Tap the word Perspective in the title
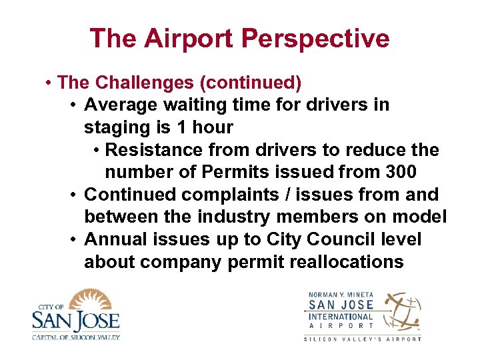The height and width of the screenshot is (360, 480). pos(316,39)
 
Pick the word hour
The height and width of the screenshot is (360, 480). pos(213,127)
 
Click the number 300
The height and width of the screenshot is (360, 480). pos(401,172)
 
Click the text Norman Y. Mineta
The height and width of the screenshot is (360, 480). pos(341,295)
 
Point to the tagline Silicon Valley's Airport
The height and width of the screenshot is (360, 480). pos(363,339)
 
